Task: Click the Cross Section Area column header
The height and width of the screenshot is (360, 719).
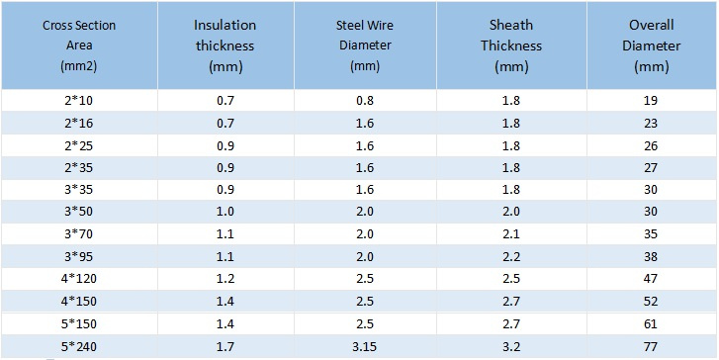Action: (x=79, y=45)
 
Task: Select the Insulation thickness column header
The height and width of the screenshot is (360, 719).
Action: (x=225, y=45)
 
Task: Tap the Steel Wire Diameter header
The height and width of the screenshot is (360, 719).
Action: (x=365, y=45)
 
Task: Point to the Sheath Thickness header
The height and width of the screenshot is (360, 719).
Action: (x=511, y=45)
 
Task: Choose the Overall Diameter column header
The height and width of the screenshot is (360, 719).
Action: (x=651, y=45)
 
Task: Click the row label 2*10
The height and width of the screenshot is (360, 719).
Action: (x=79, y=101)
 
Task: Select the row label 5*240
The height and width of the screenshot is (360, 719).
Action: (x=79, y=347)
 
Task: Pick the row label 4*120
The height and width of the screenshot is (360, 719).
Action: (x=79, y=279)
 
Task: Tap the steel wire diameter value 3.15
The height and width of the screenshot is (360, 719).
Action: (x=365, y=347)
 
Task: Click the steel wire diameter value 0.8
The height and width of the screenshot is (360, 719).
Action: (x=365, y=101)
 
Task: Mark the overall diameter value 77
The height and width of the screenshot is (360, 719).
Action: (x=651, y=347)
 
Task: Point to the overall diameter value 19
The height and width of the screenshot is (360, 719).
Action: (x=651, y=101)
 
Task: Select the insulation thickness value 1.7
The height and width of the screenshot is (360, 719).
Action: (x=225, y=347)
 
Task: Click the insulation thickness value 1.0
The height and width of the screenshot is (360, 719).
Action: (x=225, y=212)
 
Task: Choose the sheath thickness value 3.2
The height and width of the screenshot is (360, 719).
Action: (x=511, y=347)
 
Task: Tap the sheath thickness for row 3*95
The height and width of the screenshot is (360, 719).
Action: (x=511, y=256)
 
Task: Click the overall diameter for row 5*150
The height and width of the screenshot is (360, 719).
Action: (x=651, y=324)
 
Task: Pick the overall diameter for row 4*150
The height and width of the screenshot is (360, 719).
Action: (x=651, y=302)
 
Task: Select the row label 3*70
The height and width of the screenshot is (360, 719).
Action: (x=79, y=234)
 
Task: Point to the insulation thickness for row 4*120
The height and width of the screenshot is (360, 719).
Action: (x=225, y=279)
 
